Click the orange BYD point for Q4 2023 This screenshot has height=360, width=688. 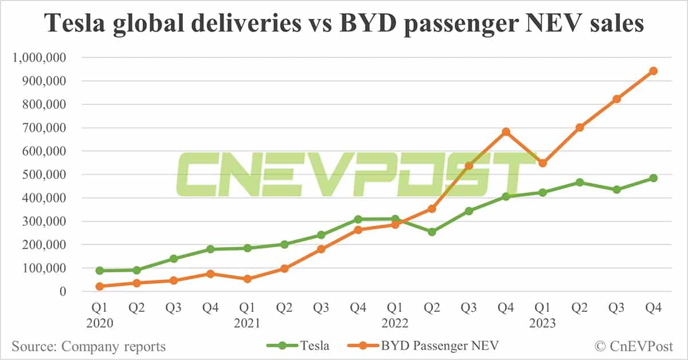click(x=653, y=71)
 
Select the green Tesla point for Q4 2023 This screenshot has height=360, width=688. click(x=653, y=178)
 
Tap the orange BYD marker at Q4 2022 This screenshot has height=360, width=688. click(x=506, y=132)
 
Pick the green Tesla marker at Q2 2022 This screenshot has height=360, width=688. click(x=432, y=232)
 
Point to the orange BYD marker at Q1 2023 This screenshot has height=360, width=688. click(x=542, y=163)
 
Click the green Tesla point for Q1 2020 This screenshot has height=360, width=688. click(x=100, y=271)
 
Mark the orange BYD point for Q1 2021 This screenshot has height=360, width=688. click(x=247, y=279)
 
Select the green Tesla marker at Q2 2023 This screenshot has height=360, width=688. click(x=580, y=182)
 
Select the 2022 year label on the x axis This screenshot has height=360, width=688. click(x=395, y=323)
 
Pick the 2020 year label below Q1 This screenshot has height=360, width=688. click(x=100, y=323)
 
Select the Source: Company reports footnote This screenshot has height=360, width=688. click(x=89, y=346)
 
